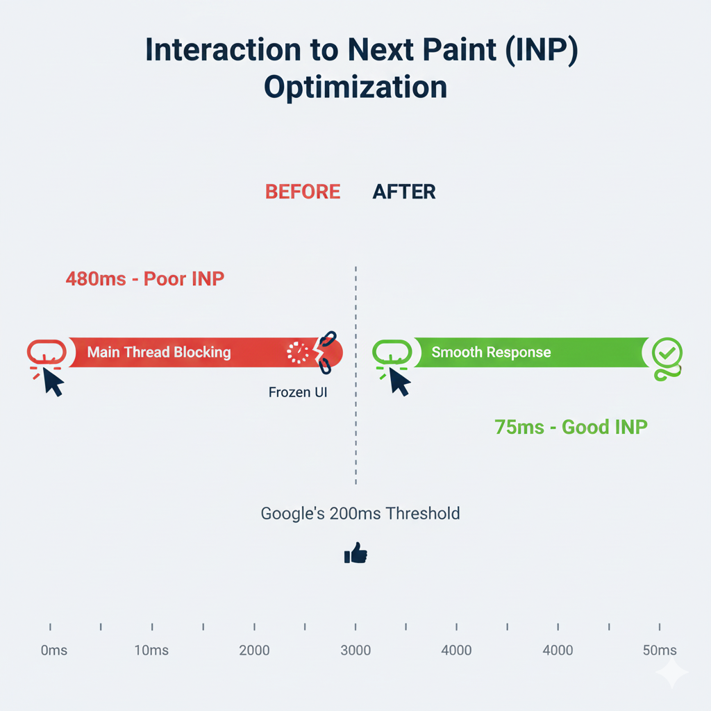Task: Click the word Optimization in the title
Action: coord(355,89)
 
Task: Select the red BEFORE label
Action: coord(303,192)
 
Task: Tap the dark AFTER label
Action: coord(404,192)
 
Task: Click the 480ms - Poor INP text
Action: coord(145,279)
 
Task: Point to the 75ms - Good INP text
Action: coord(571,426)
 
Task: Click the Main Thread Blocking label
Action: coord(159,352)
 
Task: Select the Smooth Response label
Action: coord(491,352)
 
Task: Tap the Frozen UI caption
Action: coord(297,392)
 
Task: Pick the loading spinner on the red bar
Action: coord(299,353)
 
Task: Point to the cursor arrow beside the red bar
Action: coord(53,381)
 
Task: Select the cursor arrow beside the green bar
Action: coord(399,381)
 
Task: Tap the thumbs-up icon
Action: coord(355,553)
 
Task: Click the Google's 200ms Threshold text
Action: coord(360,514)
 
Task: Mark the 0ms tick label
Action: coord(53,651)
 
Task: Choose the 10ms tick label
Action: coord(151,651)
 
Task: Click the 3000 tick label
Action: coord(355,651)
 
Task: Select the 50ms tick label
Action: coord(659,651)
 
